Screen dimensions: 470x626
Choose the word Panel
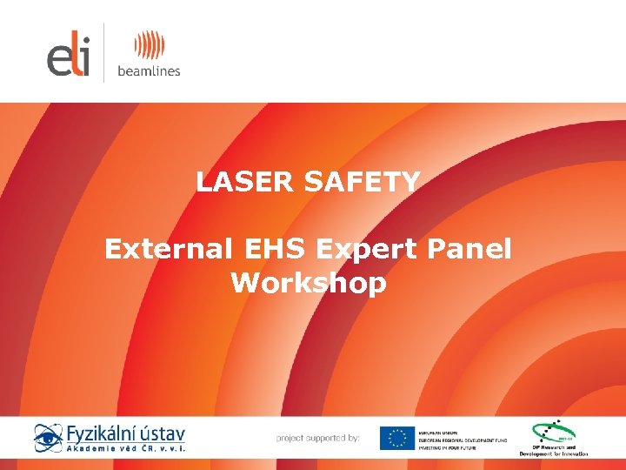tap(471, 249)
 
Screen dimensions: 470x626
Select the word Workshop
tap(309, 284)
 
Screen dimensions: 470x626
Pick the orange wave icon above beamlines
tap(149, 45)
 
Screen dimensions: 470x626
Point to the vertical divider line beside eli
tap(104, 52)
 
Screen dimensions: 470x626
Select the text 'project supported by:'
tap(317, 438)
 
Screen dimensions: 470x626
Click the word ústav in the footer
tap(163, 433)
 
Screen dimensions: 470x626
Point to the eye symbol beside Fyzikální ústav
tap(48, 437)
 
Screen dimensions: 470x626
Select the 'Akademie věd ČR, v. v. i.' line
tap(126, 449)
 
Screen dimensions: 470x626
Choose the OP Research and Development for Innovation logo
tap(553, 439)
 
